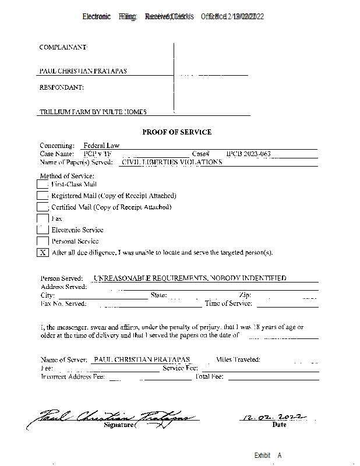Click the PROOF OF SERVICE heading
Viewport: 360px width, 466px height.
[177, 132]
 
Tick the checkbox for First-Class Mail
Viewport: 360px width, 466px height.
[43, 184]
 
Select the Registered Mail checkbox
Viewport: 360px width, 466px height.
[43, 196]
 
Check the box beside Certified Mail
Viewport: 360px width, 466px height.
[43, 207]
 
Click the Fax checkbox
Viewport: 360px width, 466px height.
[43, 218]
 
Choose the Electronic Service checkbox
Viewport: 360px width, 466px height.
[43, 230]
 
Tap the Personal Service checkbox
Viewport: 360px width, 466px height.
[43, 241]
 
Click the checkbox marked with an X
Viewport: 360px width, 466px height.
[43, 253]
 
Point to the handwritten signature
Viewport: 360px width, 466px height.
[111, 418]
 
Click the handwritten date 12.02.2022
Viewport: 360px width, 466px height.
[273, 416]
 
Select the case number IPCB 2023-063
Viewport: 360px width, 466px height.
[248, 154]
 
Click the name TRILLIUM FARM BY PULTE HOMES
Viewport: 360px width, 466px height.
[93, 112]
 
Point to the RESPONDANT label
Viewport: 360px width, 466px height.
[61, 87]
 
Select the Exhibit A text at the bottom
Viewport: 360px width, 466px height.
[268, 456]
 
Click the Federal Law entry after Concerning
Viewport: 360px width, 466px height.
[101, 146]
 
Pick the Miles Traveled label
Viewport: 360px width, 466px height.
[238, 360]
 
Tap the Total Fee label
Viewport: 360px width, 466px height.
[210, 377]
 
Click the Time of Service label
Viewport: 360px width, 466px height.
[228, 303]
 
